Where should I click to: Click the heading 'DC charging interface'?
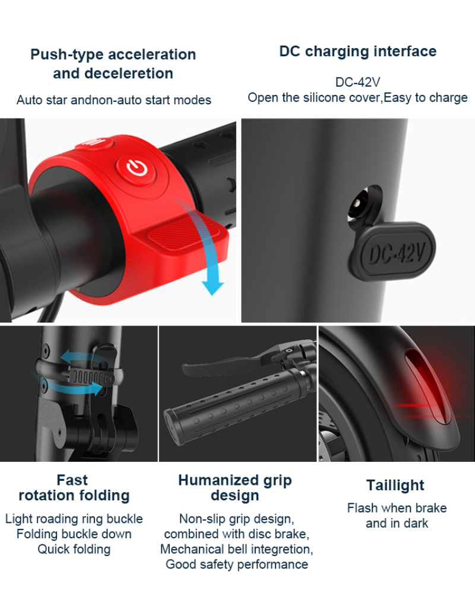(358, 51)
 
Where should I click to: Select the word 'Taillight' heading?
(395, 485)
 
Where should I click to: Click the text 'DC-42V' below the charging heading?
(357, 82)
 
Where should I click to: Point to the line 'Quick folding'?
(74, 550)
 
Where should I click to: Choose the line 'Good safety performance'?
(236, 564)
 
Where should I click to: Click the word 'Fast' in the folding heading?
(72, 480)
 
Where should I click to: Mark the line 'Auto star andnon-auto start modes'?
(113, 100)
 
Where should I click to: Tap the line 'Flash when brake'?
(397, 508)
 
